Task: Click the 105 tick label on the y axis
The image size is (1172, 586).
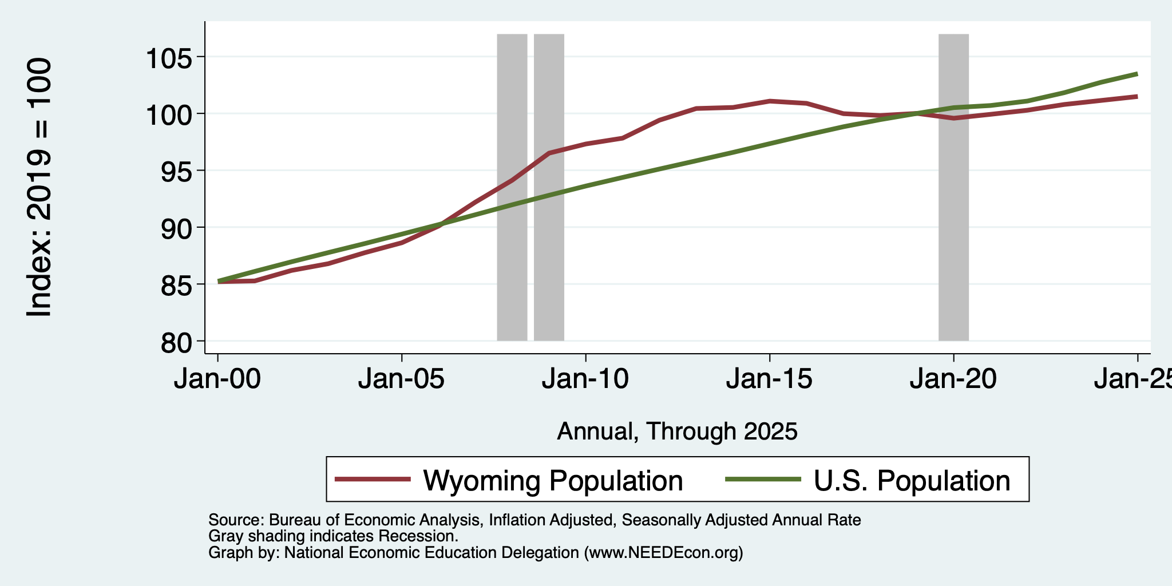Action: tap(169, 57)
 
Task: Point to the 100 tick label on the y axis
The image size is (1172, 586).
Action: tap(169, 114)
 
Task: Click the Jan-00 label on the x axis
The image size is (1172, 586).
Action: tap(217, 379)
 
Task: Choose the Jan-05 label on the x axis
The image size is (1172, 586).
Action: tap(402, 379)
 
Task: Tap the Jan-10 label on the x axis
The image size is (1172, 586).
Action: tap(585, 379)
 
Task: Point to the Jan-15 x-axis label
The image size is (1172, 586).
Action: tap(770, 379)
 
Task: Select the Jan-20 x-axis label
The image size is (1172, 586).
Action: tap(953, 379)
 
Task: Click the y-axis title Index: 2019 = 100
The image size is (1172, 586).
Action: tap(40, 187)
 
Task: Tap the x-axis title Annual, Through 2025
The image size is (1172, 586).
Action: tap(677, 431)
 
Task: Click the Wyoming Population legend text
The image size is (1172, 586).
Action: tap(553, 480)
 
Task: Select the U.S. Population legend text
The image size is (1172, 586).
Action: tap(912, 480)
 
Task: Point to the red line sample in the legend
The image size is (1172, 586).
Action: tap(373, 480)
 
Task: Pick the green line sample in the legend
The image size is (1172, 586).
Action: tap(763, 480)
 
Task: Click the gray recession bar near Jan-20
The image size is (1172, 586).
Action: tap(953, 187)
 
